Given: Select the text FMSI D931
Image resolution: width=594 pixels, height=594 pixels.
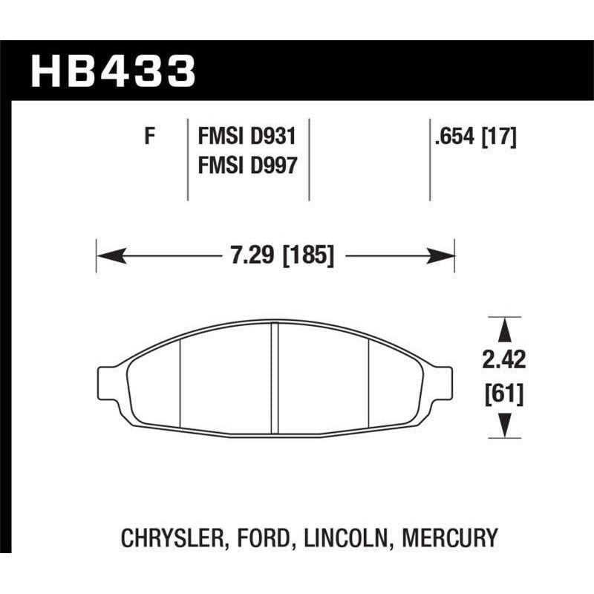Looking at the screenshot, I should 247,137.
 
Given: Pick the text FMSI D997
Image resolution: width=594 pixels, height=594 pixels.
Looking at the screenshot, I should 247,165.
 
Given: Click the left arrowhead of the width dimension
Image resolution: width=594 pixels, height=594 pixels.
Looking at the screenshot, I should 108,257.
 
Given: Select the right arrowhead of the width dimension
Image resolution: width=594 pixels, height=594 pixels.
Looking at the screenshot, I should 443,257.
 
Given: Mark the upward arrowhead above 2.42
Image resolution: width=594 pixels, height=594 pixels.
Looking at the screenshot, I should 505,330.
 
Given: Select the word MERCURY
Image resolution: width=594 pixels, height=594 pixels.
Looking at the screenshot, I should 450,537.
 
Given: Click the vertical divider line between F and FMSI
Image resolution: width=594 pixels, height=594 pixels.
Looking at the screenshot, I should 186,157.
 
